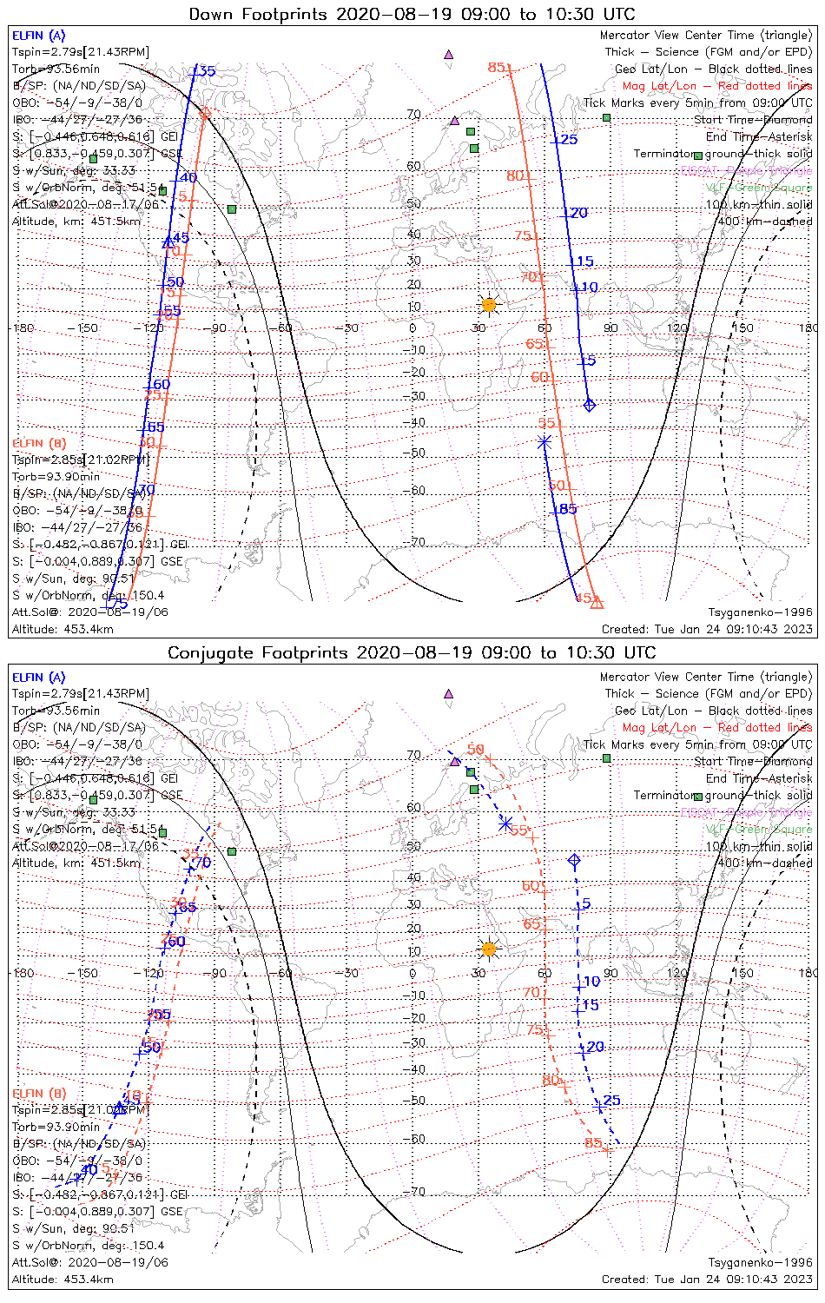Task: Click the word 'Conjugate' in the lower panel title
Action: (207, 653)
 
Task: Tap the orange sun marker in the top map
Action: (489, 304)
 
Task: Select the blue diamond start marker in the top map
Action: (590, 405)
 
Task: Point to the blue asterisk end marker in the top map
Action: (544, 442)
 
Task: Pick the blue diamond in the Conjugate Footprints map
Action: (574, 860)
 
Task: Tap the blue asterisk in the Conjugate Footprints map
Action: (505, 824)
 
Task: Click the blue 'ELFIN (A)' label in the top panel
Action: (38, 36)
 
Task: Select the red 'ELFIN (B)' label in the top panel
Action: (38, 444)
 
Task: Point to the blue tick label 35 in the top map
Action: (207, 71)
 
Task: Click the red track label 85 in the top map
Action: (496, 68)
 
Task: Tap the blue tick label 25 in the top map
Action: (569, 140)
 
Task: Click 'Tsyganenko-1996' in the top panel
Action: (760, 612)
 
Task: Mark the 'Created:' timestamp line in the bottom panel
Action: (707, 1280)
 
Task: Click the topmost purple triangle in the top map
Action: (449, 55)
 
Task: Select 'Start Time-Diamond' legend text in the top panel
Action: (753, 120)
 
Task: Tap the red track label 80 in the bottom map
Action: (551, 1081)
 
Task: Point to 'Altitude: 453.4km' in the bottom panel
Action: (63, 1280)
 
